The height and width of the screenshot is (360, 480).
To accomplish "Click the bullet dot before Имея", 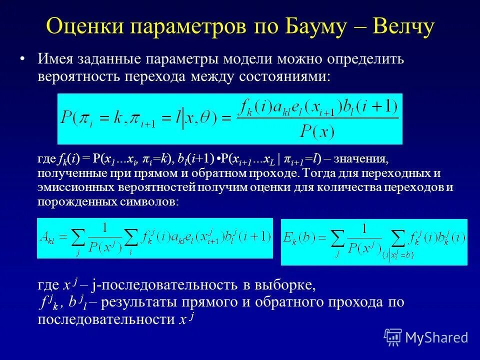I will click(x=22, y=59).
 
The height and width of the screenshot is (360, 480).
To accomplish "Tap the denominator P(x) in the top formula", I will click(x=317, y=131).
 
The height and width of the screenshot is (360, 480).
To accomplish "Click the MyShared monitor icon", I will click(x=393, y=337).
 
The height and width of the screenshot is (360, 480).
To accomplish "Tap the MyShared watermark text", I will click(x=436, y=337).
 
